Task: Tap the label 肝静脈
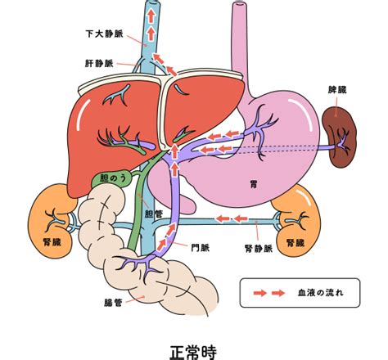99,64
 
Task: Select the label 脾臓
337,90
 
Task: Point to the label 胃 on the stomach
254,185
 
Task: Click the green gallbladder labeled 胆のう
112,179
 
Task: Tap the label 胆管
154,214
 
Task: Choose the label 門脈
201,248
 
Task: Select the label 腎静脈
259,248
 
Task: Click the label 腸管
113,303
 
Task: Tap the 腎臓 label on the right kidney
296,242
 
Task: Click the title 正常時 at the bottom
193,352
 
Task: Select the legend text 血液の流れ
321,293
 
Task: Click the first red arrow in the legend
260,293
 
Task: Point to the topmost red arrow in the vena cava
151,16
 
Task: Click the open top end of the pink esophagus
239,4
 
